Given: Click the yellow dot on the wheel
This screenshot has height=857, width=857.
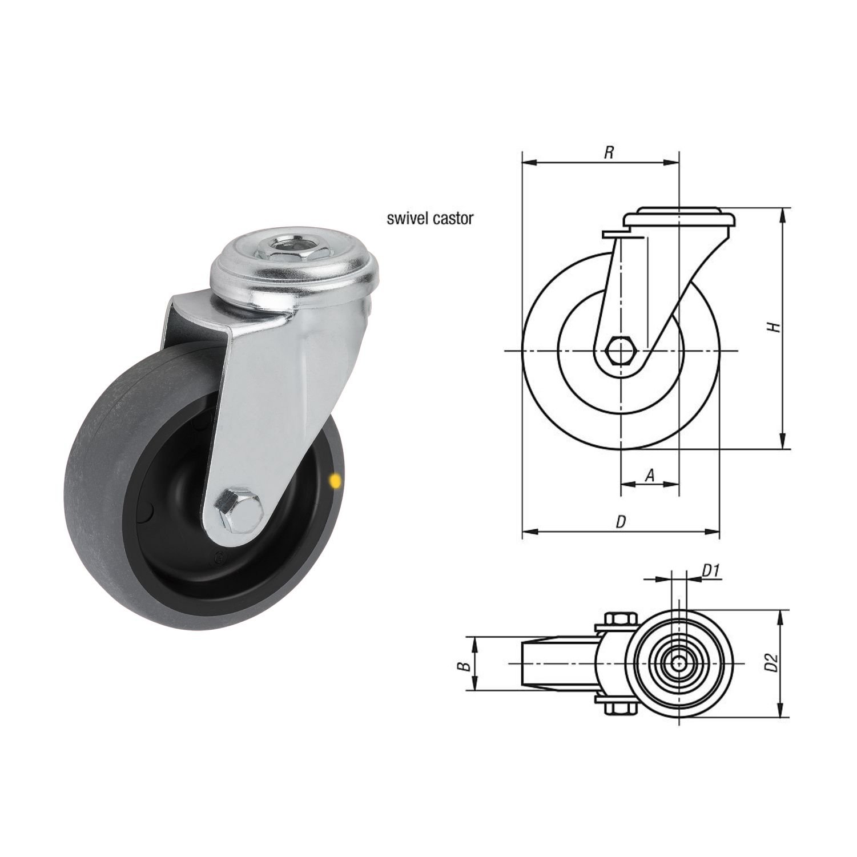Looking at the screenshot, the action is [x=335, y=481].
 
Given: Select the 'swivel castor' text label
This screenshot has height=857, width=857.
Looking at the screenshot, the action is [x=429, y=219].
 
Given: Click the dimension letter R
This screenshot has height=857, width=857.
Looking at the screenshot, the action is [x=609, y=152].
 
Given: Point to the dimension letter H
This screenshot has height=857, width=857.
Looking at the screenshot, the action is [x=774, y=327].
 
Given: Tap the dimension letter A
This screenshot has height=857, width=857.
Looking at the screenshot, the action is [x=649, y=474].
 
